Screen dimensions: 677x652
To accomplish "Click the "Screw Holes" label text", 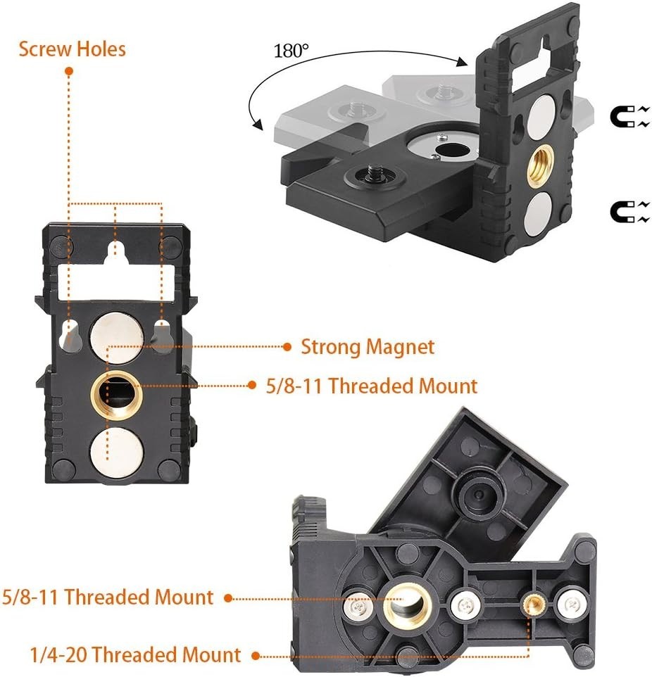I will coord(73,49).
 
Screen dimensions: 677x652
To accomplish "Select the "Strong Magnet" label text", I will coord(368,346).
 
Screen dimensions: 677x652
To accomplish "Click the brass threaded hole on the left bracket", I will coord(117,388).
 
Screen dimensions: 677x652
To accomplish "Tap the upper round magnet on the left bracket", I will coord(117,331).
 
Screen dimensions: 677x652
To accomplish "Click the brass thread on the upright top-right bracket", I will coord(541,164).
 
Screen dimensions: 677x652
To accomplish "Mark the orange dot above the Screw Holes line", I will coord(69,72).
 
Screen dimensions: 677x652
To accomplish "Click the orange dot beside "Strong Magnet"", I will coord(287,346).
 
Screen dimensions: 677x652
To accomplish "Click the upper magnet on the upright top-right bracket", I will coord(543,113).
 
